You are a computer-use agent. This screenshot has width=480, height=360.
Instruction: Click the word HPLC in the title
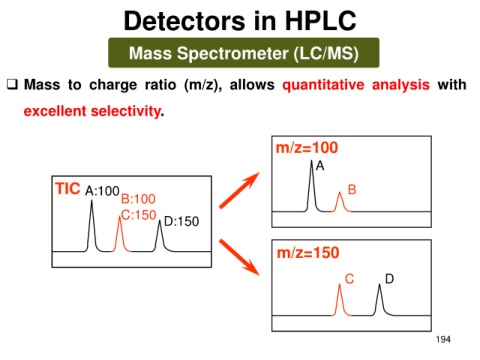(x=320, y=21)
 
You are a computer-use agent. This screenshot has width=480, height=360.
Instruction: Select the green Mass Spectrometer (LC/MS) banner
(x=244, y=53)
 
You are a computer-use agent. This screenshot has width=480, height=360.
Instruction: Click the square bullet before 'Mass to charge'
(x=12, y=84)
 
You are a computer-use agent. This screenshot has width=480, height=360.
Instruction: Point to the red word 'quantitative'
(x=323, y=85)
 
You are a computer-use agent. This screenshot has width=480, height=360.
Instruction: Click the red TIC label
(x=68, y=188)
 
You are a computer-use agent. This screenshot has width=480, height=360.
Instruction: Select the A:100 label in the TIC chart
(x=102, y=191)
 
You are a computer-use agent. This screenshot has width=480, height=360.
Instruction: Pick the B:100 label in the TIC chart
(x=138, y=199)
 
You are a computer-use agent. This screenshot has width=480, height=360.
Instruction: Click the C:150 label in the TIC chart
(x=139, y=215)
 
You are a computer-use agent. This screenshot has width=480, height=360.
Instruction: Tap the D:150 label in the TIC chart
(x=181, y=221)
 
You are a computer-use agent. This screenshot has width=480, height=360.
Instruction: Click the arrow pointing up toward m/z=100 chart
(x=239, y=190)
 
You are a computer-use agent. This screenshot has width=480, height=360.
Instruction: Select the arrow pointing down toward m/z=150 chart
(x=239, y=257)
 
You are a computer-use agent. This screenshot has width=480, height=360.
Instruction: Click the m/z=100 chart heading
(x=307, y=148)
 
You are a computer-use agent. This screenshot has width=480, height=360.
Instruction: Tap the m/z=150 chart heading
(x=308, y=253)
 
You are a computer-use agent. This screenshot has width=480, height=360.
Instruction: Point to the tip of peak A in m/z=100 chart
(x=312, y=161)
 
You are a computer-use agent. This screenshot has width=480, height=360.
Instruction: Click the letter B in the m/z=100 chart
(x=352, y=190)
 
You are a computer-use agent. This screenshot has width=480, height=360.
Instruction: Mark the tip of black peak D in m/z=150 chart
(x=379, y=284)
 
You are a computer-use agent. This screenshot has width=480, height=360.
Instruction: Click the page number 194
(x=443, y=339)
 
